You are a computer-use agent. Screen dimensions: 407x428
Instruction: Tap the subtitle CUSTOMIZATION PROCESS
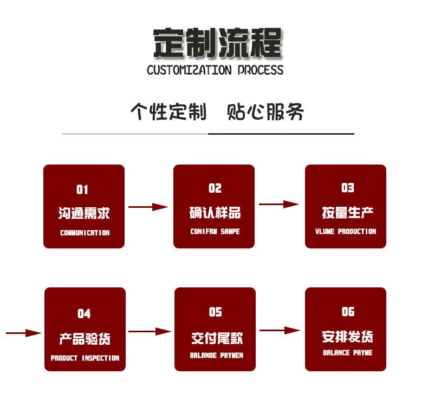(215, 70)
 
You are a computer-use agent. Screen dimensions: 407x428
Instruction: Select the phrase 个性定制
(168, 111)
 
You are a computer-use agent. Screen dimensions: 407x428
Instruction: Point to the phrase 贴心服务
(265, 111)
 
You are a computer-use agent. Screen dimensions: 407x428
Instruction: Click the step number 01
(82, 189)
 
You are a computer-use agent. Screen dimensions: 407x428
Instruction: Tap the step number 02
(215, 188)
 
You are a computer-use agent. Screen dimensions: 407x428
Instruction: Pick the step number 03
(347, 188)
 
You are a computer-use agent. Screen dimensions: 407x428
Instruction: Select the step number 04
(84, 313)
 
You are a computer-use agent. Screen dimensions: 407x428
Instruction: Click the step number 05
(215, 312)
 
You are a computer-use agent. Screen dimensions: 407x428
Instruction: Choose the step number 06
(348, 312)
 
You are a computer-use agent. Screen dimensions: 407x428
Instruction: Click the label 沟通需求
(84, 213)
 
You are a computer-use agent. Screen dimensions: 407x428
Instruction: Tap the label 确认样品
(215, 212)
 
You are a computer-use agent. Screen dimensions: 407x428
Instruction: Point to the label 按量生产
(347, 212)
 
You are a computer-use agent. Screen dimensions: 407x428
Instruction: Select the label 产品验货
(85, 339)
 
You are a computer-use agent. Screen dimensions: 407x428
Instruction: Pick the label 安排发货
(347, 337)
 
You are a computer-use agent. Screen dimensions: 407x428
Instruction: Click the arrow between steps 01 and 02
(148, 207)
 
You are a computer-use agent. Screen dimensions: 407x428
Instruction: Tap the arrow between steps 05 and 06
(280, 330)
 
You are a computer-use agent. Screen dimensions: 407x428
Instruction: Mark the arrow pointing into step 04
(24, 333)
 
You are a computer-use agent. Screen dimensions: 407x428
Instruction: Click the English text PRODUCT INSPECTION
(85, 358)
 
